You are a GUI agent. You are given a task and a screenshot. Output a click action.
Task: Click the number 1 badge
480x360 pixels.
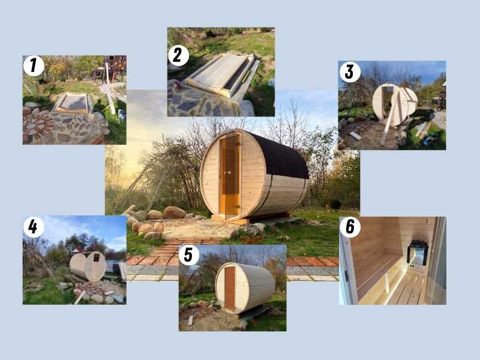tap(34, 65)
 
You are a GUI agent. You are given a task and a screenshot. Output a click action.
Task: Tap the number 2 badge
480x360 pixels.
tap(178, 55)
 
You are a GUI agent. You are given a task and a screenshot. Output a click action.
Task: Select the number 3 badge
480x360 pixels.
tap(350, 72)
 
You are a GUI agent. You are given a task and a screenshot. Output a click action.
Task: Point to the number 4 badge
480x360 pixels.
tap(34, 226)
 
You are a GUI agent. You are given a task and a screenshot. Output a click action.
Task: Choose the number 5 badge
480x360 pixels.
tap(189, 254)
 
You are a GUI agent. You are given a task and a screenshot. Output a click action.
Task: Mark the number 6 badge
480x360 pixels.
tap(350, 228)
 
